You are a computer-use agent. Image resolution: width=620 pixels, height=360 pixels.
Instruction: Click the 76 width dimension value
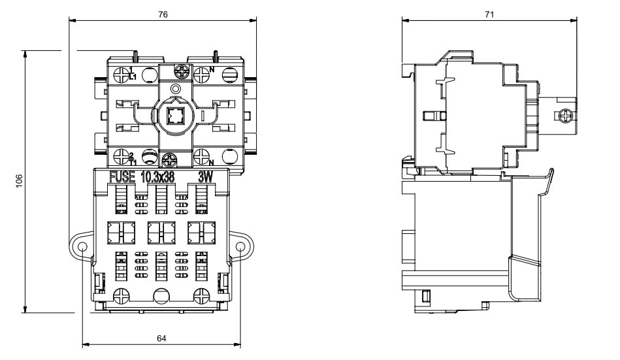163,14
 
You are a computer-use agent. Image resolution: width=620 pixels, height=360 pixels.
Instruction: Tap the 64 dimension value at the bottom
161,338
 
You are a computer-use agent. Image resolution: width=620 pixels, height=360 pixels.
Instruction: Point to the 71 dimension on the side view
489,14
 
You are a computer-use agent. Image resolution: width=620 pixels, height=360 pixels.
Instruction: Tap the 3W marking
206,177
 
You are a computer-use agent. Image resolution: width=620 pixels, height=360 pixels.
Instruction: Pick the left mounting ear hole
84,248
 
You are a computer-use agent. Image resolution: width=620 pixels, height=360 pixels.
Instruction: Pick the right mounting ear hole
240,248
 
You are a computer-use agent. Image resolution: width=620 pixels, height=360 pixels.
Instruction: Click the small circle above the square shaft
174,89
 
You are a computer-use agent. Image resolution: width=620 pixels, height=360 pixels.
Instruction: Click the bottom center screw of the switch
171,159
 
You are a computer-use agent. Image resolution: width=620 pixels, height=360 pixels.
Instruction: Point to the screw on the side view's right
564,116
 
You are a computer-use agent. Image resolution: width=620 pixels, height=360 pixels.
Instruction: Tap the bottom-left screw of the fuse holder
121,295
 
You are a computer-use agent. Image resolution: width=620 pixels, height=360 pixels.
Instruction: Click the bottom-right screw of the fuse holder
203,295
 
